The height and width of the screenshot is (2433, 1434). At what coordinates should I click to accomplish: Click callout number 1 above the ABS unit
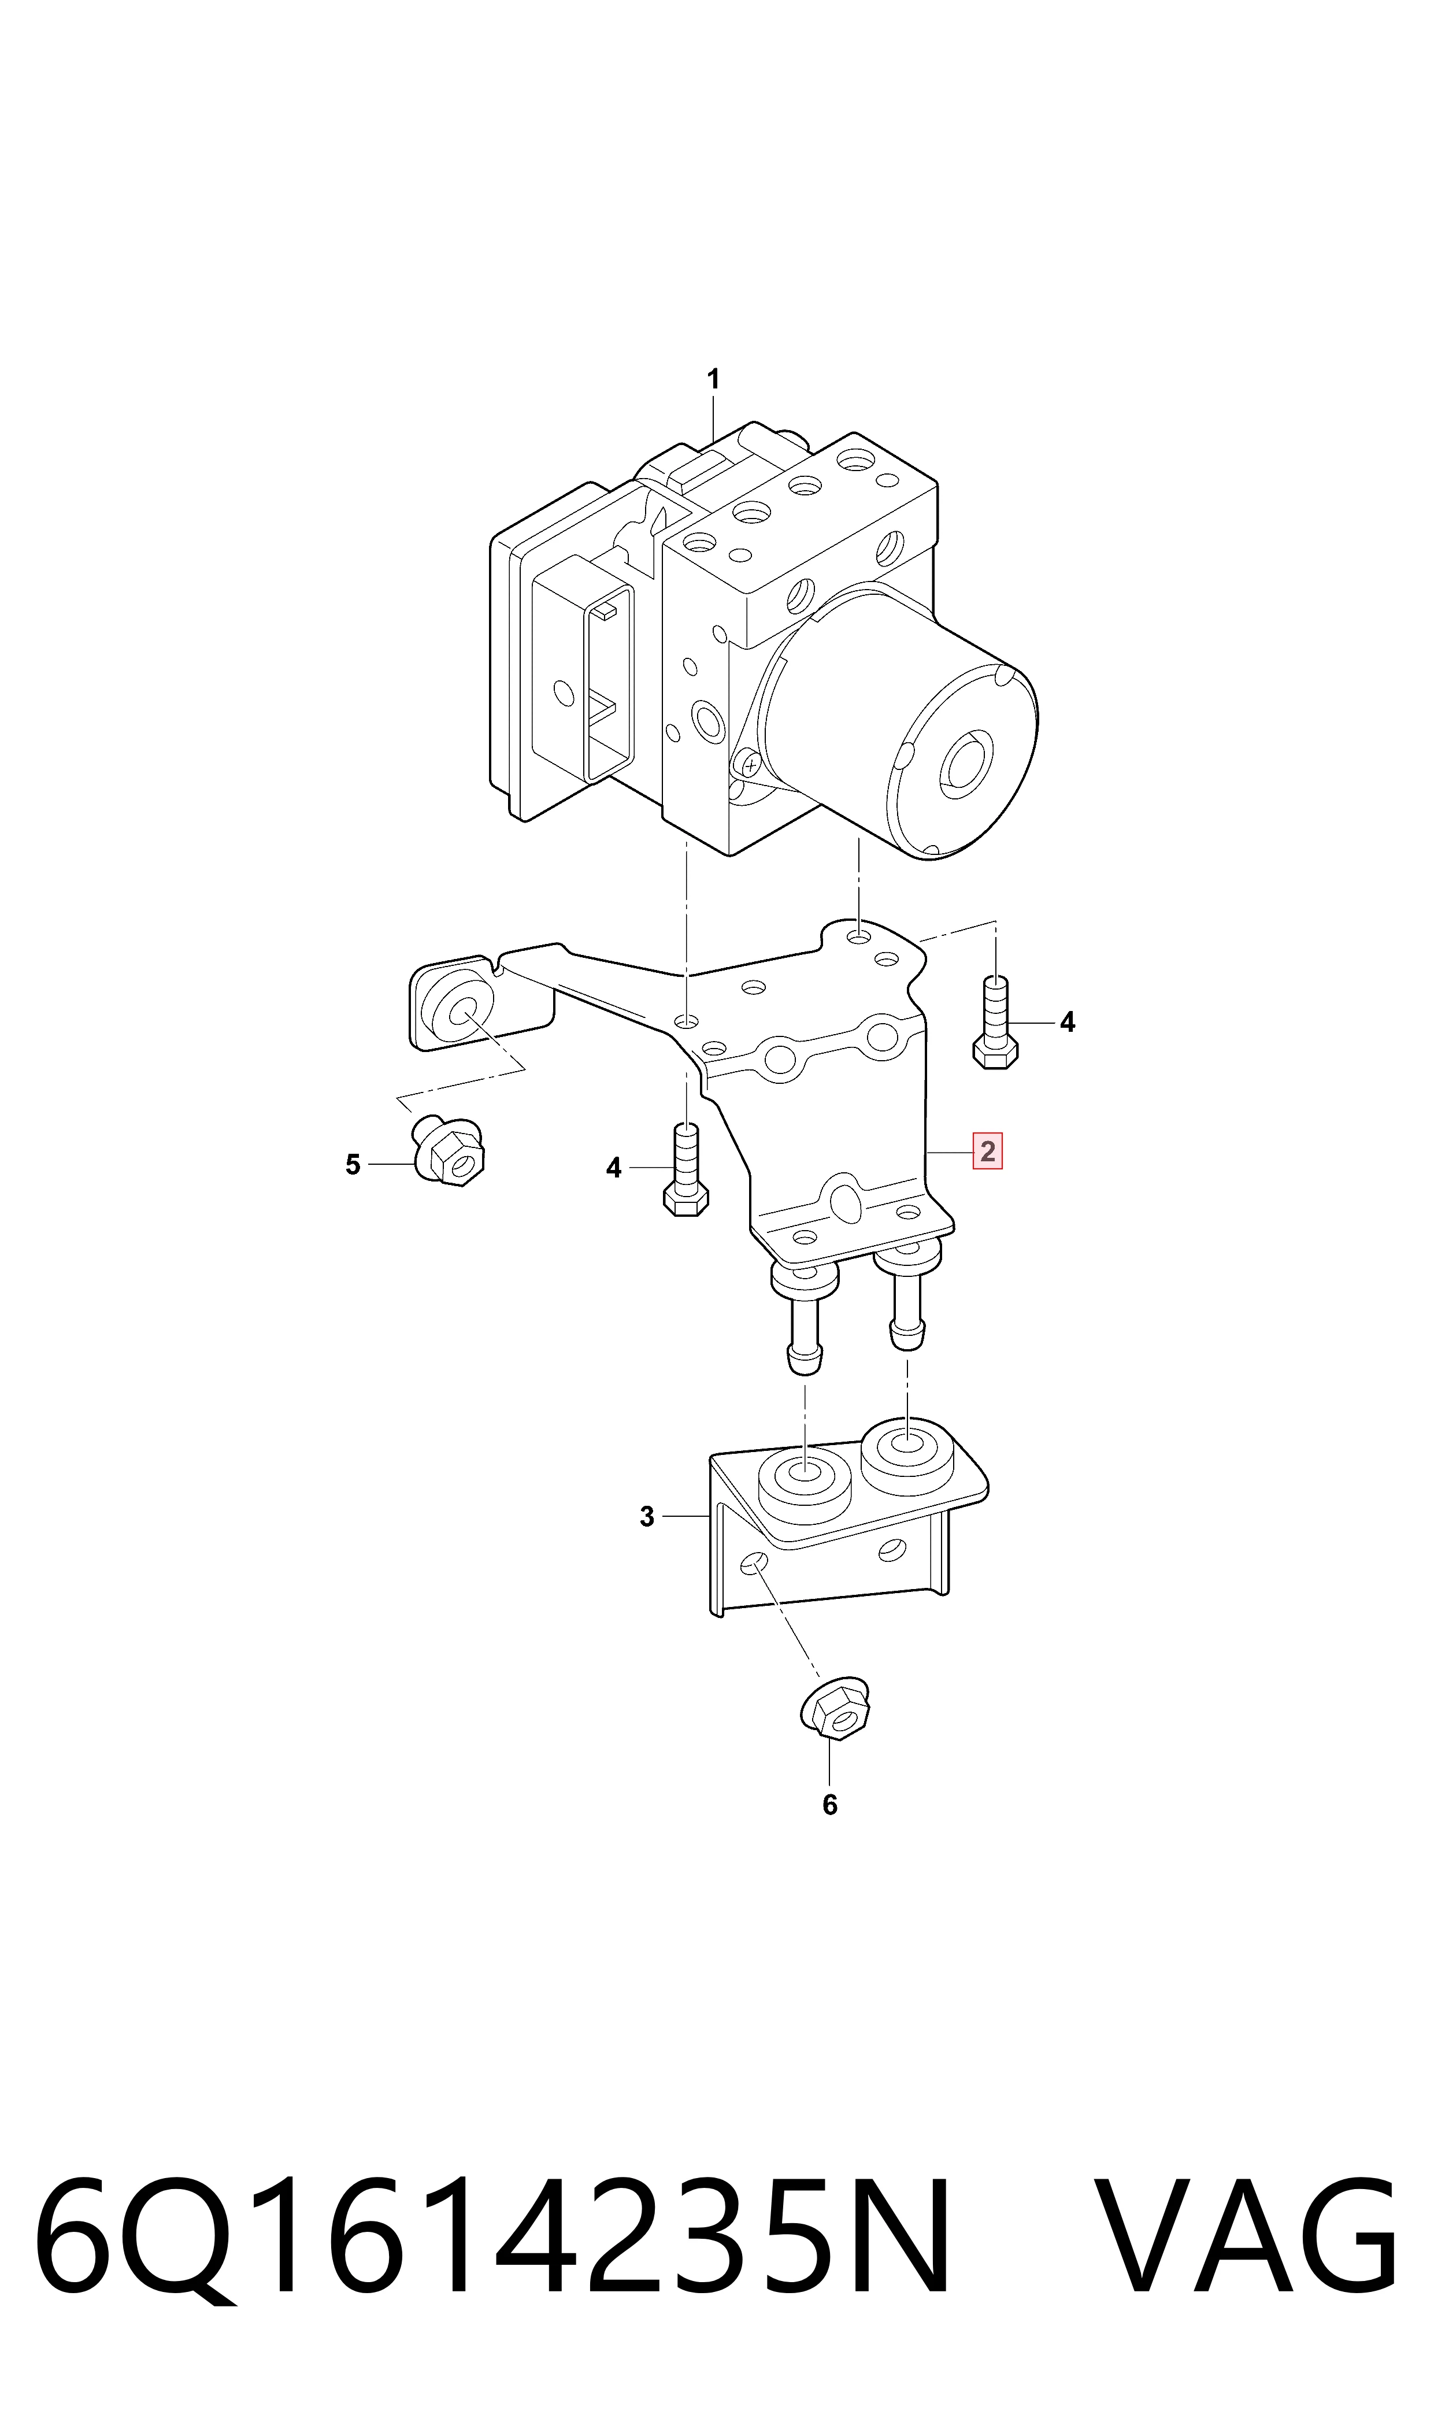[713, 380]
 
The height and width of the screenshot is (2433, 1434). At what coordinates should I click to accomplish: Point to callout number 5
[353, 1165]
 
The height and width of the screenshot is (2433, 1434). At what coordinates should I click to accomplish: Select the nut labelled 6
[835, 1714]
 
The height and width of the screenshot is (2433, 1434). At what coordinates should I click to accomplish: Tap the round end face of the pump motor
[961, 761]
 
